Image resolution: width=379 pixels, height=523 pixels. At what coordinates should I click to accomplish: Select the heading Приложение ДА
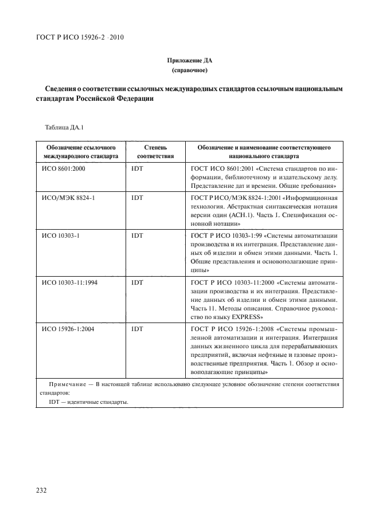[x=189, y=61]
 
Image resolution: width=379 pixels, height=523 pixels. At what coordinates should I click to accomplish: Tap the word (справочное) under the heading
[x=189, y=70]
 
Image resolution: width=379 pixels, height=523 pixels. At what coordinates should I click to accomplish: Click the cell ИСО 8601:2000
[x=64, y=170]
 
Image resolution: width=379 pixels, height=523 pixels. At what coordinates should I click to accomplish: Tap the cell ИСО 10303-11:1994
[x=70, y=282]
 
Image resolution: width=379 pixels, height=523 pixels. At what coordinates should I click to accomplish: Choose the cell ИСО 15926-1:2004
[x=68, y=329]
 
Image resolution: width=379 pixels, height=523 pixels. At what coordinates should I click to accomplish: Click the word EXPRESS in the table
[x=247, y=317]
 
